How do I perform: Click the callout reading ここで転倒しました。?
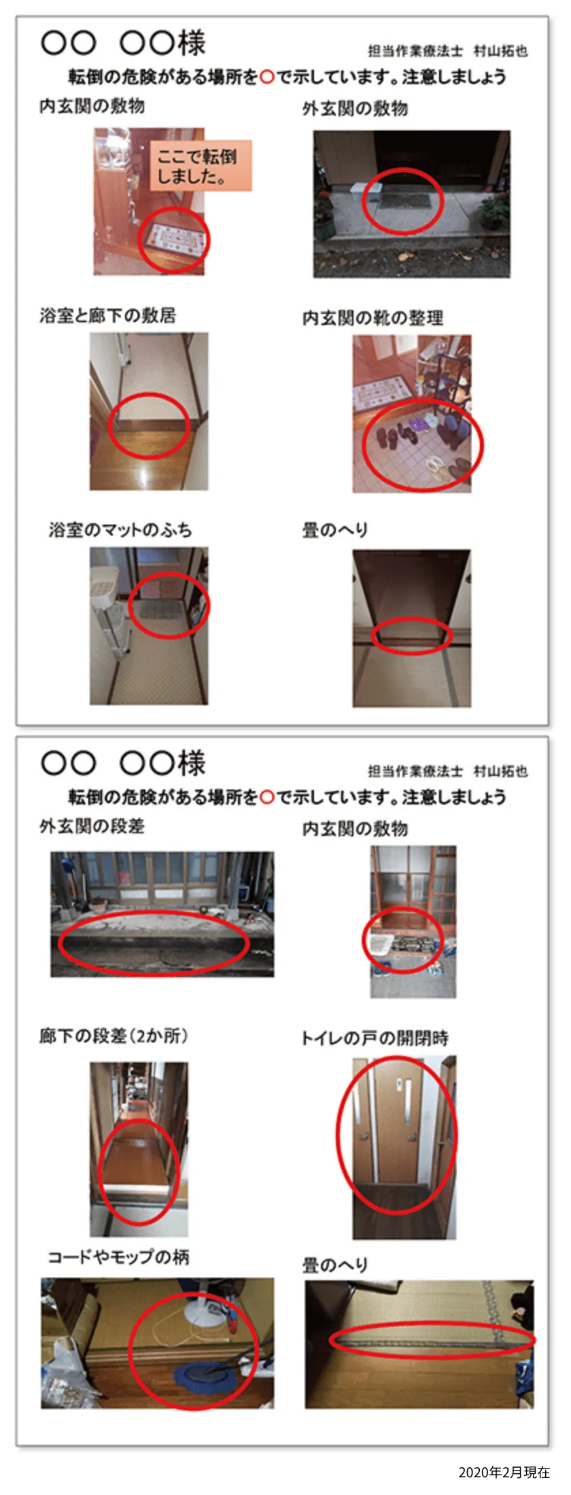(x=201, y=166)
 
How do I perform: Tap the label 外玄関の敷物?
(x=356, y=109)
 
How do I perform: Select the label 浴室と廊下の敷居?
(x=108, y=315)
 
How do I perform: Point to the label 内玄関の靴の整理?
(x=373, y=318)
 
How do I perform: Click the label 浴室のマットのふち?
(x=120, y=529)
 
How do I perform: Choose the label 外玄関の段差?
(x=92, y=826)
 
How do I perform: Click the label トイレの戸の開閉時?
(x=375, y=1038)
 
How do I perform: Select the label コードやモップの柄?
(x=119, y=1257)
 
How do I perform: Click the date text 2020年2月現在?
(x=504, y=1472)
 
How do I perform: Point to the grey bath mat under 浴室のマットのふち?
(x=162, y=610)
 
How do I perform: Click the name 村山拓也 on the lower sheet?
(x=501, y=771)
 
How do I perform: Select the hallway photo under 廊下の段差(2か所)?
(x=139, y=1149)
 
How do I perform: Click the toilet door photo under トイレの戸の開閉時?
(x=404, y=1148)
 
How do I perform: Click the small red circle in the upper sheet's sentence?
(x=267, y=77)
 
